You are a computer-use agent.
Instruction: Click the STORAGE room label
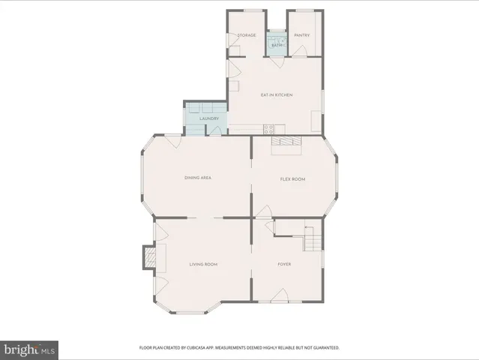pos(247,35)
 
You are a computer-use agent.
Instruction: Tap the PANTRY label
pos(302,35)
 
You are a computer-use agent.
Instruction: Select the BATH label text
pos(277,46)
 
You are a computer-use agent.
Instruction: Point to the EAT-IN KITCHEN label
pos(277,95)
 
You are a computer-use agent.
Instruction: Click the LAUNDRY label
pos(210,118)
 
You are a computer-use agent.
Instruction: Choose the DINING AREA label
pos(198,178)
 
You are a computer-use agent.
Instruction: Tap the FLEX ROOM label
pos(292,178)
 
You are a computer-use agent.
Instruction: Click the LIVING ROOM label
pos(203,264)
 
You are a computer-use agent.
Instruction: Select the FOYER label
pos(285,264)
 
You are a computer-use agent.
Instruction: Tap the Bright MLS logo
pos(30,349)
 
